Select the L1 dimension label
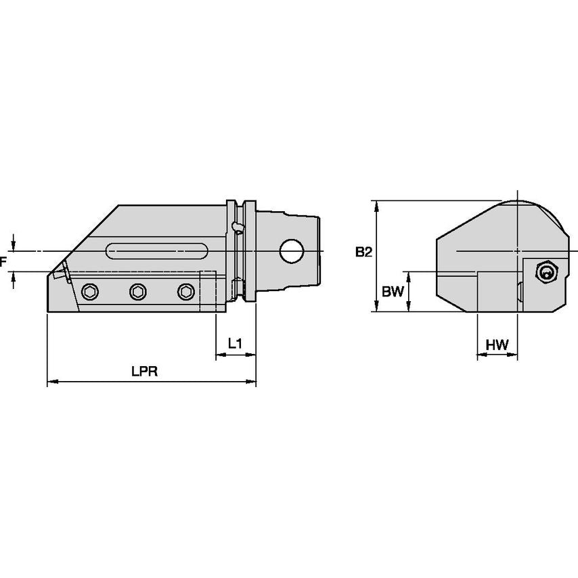[235, 344]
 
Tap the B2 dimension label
[363, 252]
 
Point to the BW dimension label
[393, 292]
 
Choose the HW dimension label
[497, 344]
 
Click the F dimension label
[3, 261]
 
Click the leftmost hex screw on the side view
[89, 292]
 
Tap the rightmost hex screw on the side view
[185, 292]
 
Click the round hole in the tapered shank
[292, 251]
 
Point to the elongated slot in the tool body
[157, 251]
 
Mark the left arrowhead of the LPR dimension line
[51, 382]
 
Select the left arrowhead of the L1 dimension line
[219, 355]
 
